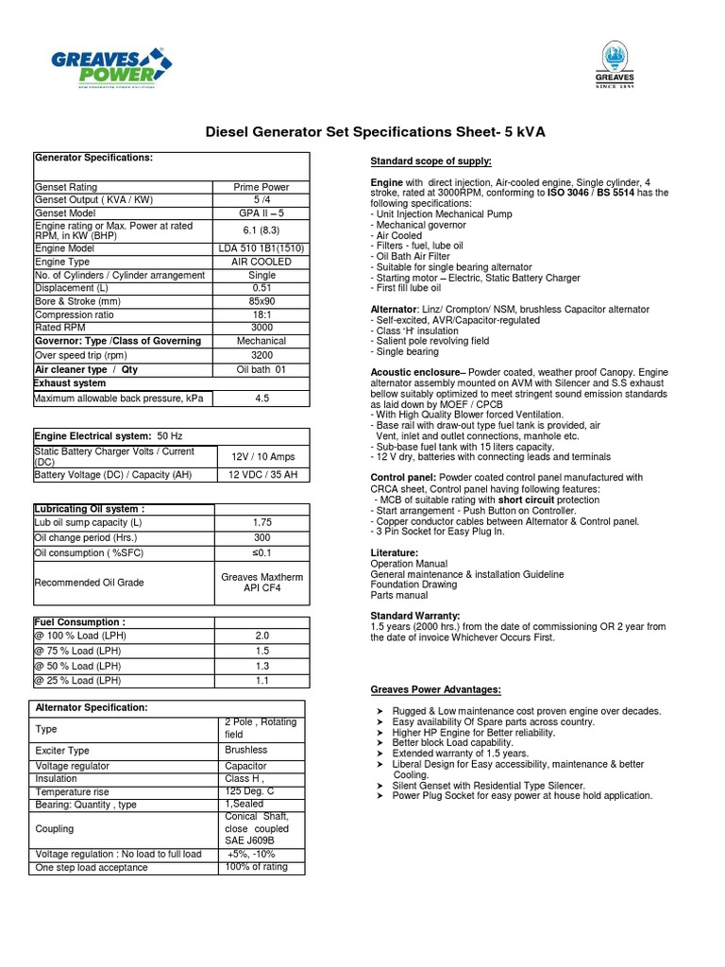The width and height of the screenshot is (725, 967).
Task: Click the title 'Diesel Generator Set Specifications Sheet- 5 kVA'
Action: tap(376, 132)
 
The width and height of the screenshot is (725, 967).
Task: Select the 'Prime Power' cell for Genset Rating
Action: tap(261, 187)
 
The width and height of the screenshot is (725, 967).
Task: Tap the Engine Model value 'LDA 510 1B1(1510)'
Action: tap(261, 248)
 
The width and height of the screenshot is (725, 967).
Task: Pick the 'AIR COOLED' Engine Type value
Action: tap(261, 262)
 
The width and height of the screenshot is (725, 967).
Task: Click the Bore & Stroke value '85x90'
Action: tap(261, 301)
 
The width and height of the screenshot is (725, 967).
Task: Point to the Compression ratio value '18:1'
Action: tap(261, 314)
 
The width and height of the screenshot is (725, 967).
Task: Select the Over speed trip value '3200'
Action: tap(261, 356)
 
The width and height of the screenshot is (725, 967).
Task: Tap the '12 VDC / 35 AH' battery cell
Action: tap(261, 474)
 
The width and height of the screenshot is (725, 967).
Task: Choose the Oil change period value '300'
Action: tap(261, 536)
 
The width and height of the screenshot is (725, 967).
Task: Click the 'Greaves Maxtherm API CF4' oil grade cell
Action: tap(261, 582)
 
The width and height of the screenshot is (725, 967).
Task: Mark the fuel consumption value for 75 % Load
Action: tap(261, 652)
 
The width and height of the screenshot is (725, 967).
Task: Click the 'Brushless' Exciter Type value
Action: tap(245, 750)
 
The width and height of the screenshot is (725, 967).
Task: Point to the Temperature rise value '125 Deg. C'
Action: tap(250, 790)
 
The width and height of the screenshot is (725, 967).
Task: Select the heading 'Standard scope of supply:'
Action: tap(430, 161)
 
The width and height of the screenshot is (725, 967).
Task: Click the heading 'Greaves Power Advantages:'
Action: tap(435, 690)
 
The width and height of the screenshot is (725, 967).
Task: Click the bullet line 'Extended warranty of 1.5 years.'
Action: tap(460, 754)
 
